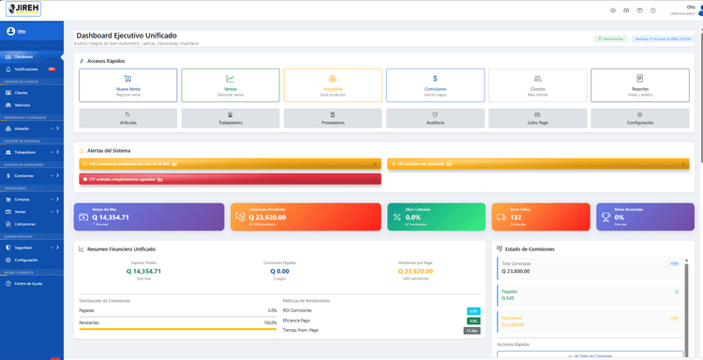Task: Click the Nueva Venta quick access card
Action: (x=127, y=85)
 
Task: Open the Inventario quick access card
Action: (x=332, y=85)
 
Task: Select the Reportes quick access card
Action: (x=640, y=85)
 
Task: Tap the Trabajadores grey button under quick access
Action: (x=230, y=118)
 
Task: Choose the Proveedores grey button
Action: (x=332, y=118)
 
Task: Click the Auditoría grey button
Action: (x=435, y=118)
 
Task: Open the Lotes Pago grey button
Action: (x=537, y=118)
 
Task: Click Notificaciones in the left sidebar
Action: (x=26, y=69)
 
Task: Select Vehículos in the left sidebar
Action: (x=22, y=105)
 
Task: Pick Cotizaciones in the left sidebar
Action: (x=25, y=224)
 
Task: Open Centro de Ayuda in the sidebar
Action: (x=28, y=283)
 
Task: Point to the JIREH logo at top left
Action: (x=21, y=9)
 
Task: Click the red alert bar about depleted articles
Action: (x=231, y=178)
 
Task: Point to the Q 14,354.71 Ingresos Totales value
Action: (x=143, y=271)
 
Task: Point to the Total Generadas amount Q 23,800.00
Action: (x=516, y=270)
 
